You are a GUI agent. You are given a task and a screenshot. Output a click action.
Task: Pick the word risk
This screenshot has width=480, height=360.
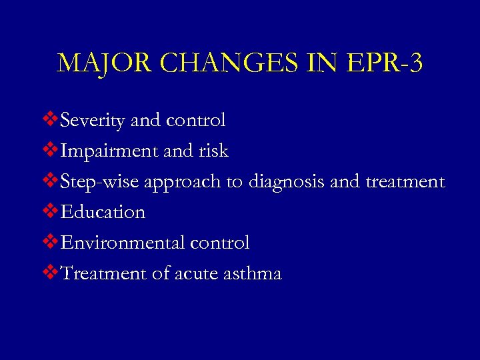coord(213,151)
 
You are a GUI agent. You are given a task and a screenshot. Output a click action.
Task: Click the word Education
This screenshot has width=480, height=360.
coord(103,213)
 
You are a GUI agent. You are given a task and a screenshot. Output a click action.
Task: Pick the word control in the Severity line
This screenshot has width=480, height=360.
coord(196,121)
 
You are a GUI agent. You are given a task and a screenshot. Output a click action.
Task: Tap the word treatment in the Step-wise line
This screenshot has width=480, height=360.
coord(405,182)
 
